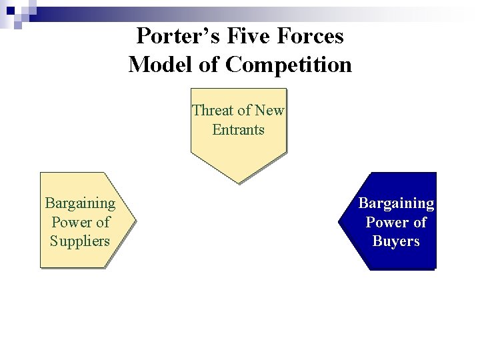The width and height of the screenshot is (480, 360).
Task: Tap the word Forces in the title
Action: [x=309, y=35]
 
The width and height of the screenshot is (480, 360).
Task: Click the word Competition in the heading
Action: [x=289, y=65]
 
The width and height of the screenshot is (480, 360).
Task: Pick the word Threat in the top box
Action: [x=211, y=111]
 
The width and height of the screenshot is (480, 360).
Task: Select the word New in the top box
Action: [x=270, y=111]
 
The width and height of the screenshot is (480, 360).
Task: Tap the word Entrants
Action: [x=238, y=130]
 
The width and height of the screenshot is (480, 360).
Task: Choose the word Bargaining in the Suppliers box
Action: [x=80, y=203]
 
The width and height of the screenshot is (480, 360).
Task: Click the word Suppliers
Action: [x=80, y=241]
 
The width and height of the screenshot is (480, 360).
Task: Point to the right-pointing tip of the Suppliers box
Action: [x=133, y=220]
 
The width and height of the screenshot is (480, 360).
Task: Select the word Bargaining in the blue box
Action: [x=396, y=203]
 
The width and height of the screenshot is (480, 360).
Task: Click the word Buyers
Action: [x=396, y=241]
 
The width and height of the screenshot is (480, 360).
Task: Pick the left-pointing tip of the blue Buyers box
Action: [x=340, y=221]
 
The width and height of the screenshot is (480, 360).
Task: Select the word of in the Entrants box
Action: [x=238, y=111]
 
